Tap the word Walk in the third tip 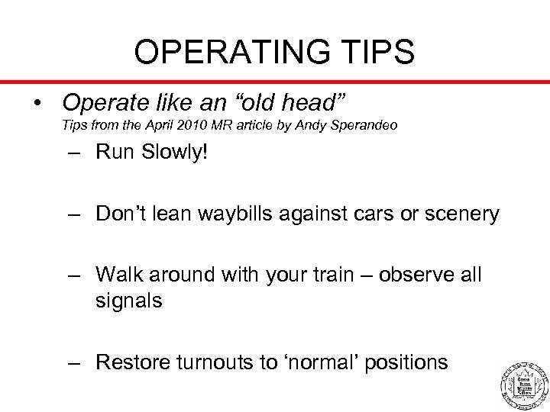120,274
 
